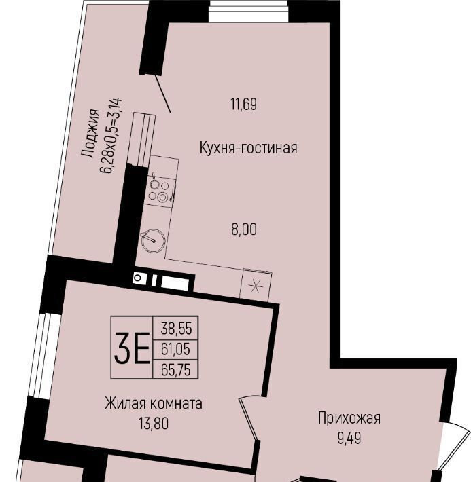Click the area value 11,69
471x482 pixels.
tap(243, 105)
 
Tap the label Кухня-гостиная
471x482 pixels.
tap(249, 148)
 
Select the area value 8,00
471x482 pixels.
tap(244, 229)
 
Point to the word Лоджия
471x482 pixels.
tap(90, 134)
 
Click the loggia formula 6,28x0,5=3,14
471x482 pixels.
tap(111, 136)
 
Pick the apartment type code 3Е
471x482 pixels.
tap(132, 348)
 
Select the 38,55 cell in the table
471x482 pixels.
tap(176, 329)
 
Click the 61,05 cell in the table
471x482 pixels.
tap(175, 349)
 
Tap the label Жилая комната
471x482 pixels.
tap(154, 403)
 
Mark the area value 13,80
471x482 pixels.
tap(154, 424)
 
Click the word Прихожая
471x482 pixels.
tap(349, 418)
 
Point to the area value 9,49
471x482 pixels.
tap(349, 439)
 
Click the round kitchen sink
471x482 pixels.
tap(153, 241)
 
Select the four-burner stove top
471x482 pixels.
tap(159, 191)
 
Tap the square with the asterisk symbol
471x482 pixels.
tap(256, 286)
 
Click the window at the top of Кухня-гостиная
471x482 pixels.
tap(249, 11)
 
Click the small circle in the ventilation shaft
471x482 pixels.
tap(137, 278)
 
